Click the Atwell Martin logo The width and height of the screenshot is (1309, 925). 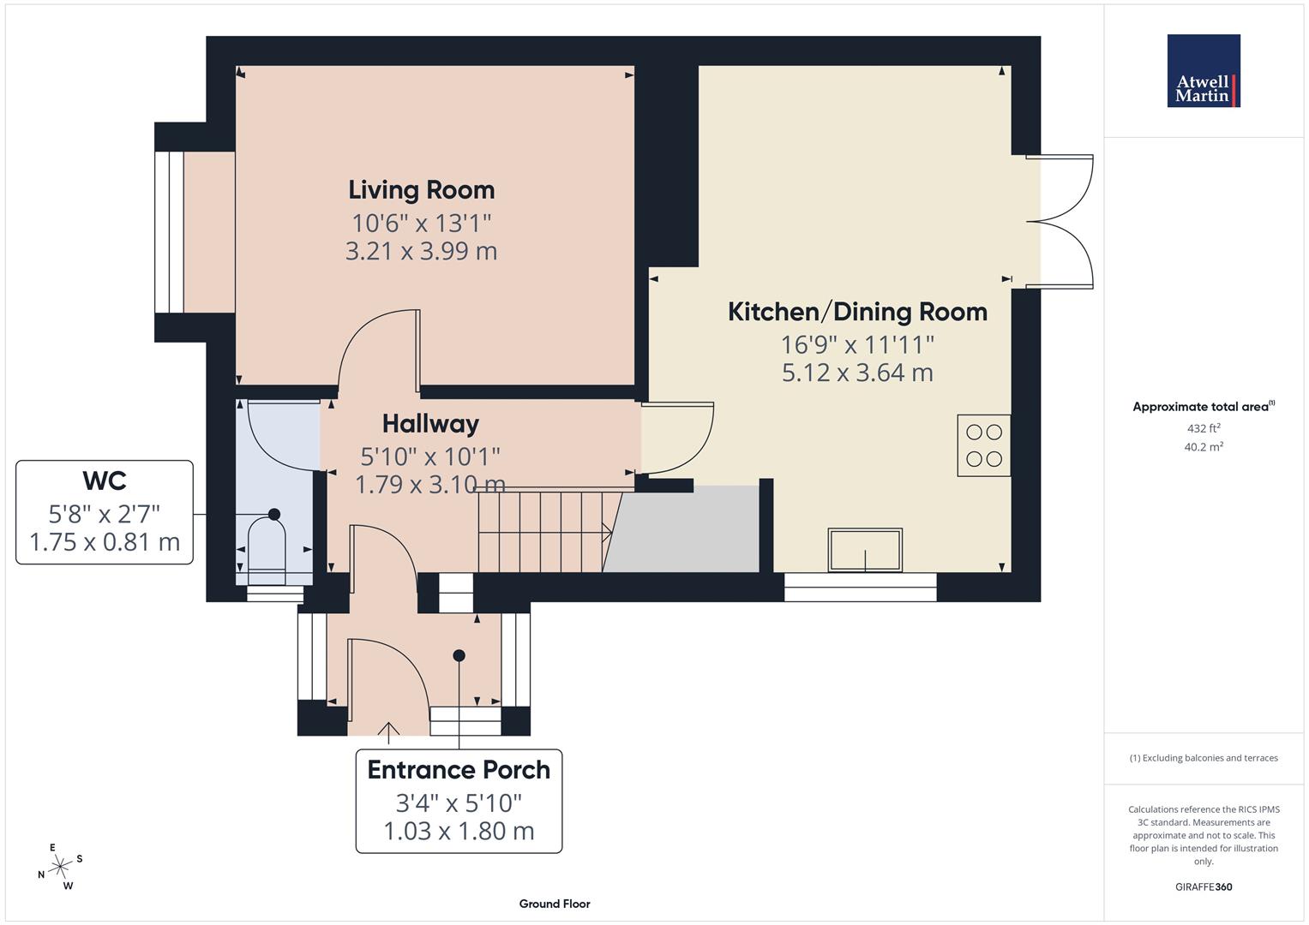1204,71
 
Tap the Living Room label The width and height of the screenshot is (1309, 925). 421,189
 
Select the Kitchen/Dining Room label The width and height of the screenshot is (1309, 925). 857,311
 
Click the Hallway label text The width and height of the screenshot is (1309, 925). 430,423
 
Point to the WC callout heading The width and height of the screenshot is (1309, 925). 105,480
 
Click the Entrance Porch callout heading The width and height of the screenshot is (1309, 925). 459,769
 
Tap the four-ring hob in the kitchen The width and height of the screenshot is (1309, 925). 983,445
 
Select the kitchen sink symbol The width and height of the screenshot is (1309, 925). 864,550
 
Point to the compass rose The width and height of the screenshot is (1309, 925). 60,867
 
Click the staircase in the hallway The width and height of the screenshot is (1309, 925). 544,531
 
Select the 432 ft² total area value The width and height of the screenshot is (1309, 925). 1204,428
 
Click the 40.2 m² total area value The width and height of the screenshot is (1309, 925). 1204,446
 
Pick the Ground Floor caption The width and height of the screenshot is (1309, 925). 555,904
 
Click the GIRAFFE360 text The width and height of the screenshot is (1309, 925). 1204,886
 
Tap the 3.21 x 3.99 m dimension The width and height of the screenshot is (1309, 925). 421,251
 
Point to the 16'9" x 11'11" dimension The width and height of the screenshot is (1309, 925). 857,344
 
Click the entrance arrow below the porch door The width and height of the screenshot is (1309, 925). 388,730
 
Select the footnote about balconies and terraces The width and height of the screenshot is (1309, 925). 1204,758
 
